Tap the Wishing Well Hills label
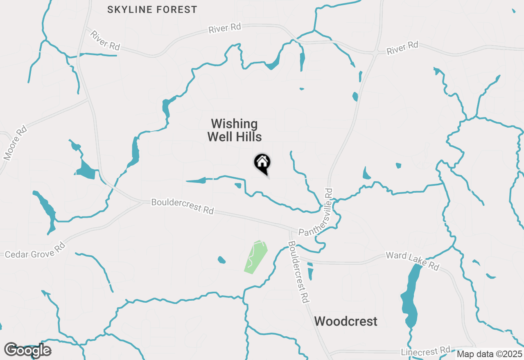click(235, 130)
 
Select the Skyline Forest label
click(152, 9)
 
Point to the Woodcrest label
click(346, 321)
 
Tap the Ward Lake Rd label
click(412, 261)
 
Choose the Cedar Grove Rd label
click(35, 250)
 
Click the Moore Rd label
click(15, 143)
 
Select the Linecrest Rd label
click(426, 351)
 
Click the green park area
click(256, 256)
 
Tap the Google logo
click(28, 350)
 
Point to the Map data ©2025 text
click(490, 354)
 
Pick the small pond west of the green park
click(221, 260)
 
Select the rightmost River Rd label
click(402, 47)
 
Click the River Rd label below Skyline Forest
click(225, 29)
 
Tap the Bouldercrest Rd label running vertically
click(298, 271)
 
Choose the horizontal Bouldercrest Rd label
click(183, 206)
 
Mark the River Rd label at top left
click(106, 40)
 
